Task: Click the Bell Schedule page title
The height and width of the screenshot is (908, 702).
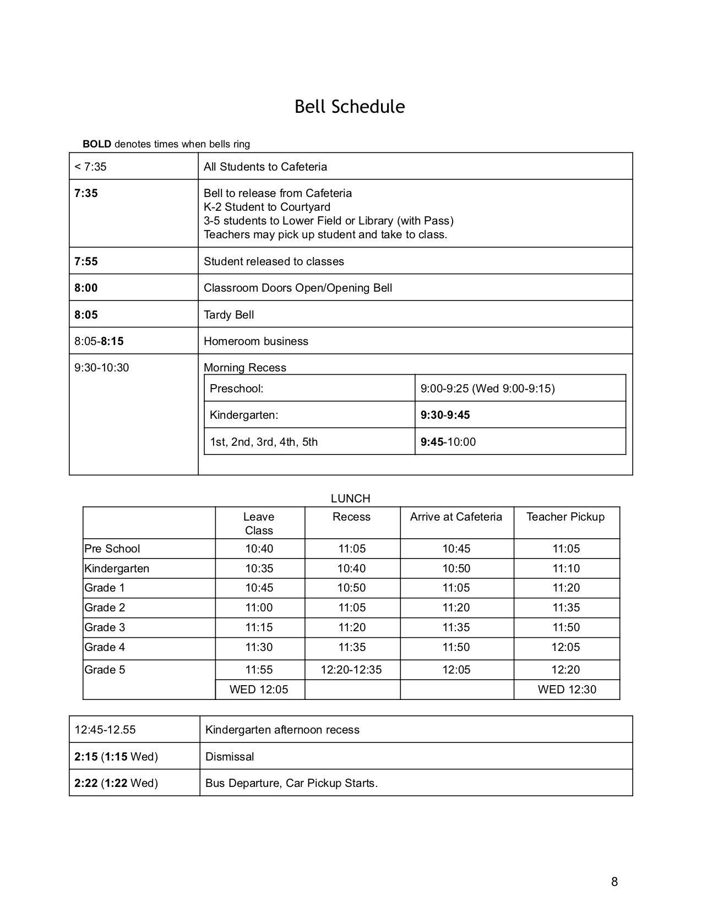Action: [350, 106]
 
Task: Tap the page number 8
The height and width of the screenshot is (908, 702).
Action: [614, 882]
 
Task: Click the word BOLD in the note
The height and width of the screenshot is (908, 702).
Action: [97, 144]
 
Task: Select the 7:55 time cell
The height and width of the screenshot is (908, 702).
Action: [86, 261]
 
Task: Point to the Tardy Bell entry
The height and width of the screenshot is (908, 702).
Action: [229, 315]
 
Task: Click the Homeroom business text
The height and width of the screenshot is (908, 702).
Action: [256, 341]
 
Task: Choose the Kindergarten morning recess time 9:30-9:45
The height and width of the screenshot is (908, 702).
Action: [445, 415]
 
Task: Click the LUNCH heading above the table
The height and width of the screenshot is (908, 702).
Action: [350, 499]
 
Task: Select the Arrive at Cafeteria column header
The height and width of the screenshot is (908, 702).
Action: [456, 517]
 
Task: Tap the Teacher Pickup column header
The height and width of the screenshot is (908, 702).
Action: [565, 517]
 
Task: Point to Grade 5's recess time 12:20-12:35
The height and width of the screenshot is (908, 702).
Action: [351, 670]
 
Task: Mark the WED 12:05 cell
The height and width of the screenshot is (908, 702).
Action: [259, 690]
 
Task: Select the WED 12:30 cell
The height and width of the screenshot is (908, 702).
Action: [567, 690]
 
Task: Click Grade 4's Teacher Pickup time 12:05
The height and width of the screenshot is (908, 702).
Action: [565, 647]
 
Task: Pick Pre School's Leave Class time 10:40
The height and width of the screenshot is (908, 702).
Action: [259, 549]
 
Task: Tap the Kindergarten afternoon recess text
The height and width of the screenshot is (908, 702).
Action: [282, 730]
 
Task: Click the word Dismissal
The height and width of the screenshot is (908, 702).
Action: [230, 757]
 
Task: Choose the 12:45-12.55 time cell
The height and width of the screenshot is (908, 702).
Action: [105, 730]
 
